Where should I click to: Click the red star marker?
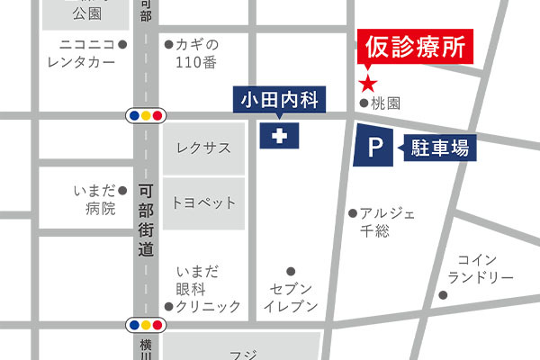368,85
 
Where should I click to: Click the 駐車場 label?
440,148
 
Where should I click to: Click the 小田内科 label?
280,98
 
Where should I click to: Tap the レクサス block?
203,148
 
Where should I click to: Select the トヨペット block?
203,202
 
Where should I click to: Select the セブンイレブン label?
290,297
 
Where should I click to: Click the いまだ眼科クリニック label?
207,289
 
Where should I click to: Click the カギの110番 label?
198,52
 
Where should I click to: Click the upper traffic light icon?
146,115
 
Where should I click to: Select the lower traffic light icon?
146,324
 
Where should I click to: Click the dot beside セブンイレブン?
291,271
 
